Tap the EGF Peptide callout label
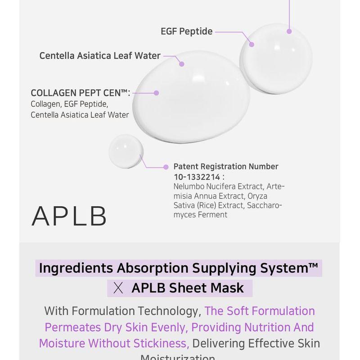point(186,32)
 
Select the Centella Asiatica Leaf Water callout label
point(100,56)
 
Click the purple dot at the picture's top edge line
point(289,31)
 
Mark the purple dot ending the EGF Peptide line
point(252,45)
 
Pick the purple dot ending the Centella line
point(182,64)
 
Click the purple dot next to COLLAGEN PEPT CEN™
point(156,93)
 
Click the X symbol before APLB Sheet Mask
point(119,288)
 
